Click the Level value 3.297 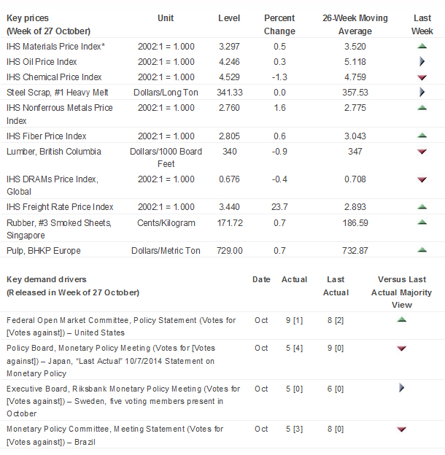pyautogui.click(x=229, y=47)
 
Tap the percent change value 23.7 pyautogui.click(x=279, y=207)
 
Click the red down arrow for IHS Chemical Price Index pyautogui.click(x=422, y=77)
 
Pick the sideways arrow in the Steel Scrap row pyautogui.click(x=422, y=93)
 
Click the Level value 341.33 pyautogui.click(x=229, y=93)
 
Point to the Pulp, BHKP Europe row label pyautogui.click(x=43, y=251)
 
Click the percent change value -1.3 pyautogui.click(x=279, y=77)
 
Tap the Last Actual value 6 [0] pyautogui.click(x=335, y=389)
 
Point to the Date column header pyautogui.click(x=261, y=279)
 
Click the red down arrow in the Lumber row pyautogui.click(x=422, y=152)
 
